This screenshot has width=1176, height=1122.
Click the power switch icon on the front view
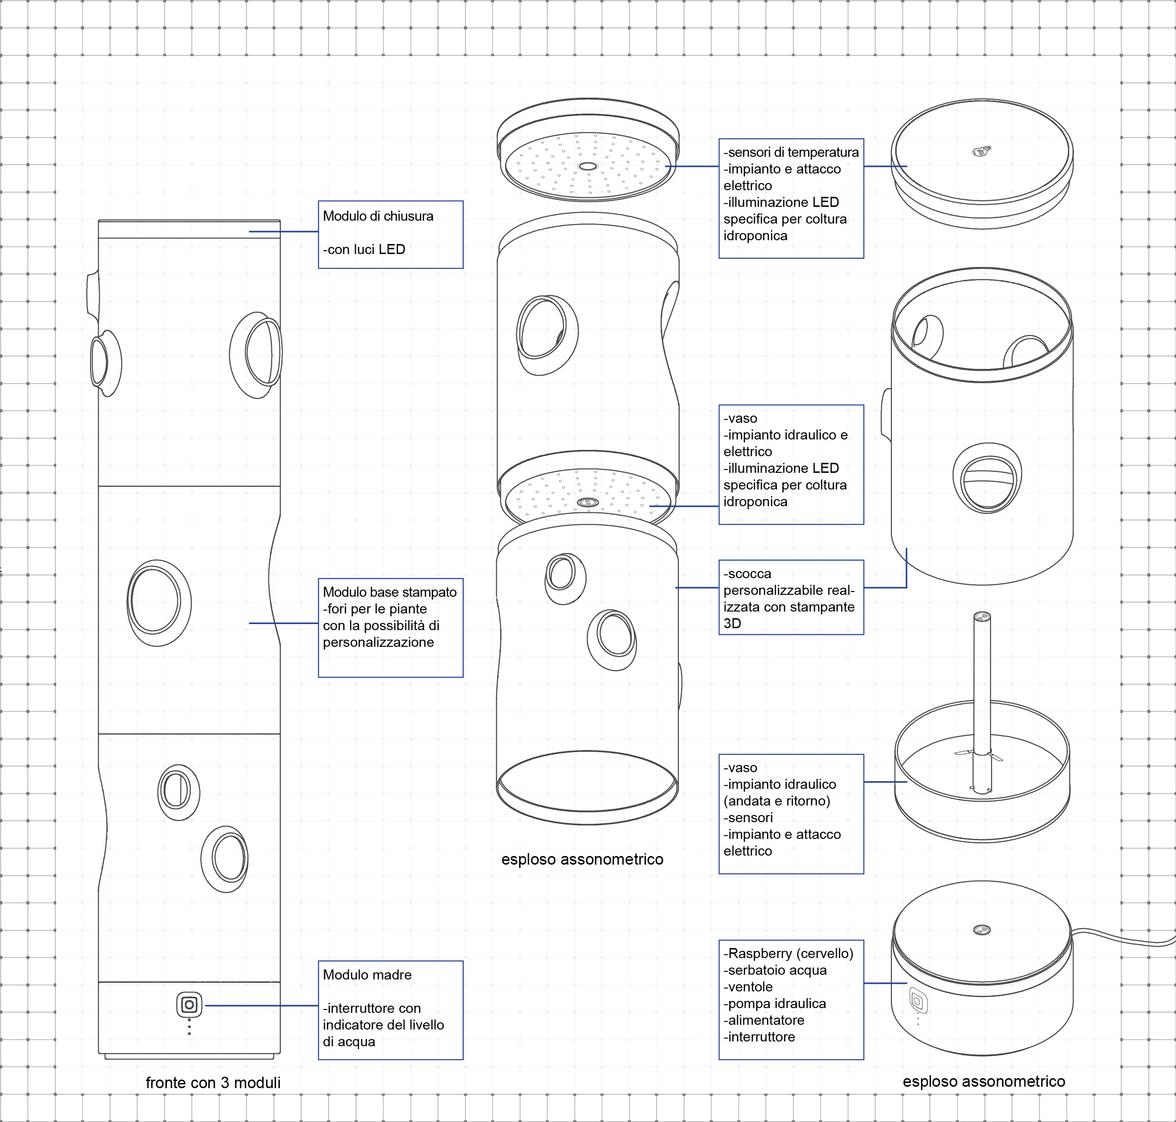[189, 1005]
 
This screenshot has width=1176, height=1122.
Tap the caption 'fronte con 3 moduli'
[213, 1082]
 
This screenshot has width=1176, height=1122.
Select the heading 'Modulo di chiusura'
[378, 216]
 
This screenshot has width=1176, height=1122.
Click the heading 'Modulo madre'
[367, 975]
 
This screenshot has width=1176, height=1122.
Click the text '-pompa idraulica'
[775, 1004]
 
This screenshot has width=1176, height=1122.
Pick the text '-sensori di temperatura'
[791, 153]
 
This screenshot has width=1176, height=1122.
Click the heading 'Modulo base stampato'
[389, 592]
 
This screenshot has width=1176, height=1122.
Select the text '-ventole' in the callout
[748, 987]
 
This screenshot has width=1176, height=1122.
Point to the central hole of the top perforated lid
[587, 166]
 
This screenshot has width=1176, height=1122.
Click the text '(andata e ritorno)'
[777, 801]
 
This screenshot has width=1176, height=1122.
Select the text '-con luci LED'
[364, 249]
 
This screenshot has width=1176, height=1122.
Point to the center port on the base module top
[982, 930]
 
